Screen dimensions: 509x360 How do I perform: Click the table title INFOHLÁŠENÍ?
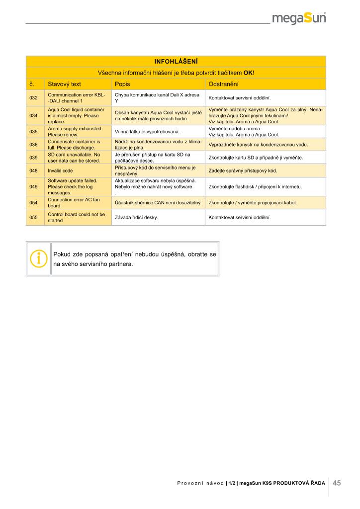[176, 62]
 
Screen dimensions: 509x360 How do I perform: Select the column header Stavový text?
[64, 84]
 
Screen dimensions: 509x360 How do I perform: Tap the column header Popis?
[122, 84]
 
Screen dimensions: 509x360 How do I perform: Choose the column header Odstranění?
[224, 84]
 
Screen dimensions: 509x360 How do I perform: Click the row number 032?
[34, 98]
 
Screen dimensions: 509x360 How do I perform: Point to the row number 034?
[34, 115]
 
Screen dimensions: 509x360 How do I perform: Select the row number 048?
[34, 170]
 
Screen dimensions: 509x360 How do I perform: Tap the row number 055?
[34, 217]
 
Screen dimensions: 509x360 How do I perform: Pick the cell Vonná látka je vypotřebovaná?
[147, 132]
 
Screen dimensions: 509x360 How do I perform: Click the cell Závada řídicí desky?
[136, 217]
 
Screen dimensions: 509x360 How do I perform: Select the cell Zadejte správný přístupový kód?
[243, 170]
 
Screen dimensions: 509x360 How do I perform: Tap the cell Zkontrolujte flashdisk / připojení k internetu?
[256, 187]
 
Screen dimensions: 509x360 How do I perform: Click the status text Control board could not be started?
[76, 217]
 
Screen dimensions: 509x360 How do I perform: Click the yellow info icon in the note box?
[38, 258]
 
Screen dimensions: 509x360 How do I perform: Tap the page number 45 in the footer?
[337, 483]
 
